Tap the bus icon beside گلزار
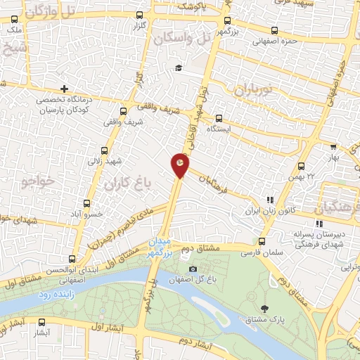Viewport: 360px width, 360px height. tap(139, 15)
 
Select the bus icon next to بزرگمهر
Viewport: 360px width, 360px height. tap(227, 20)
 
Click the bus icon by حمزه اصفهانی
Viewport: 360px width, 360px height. tap(274, 30)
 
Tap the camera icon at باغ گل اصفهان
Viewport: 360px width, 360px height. tap(193, 269)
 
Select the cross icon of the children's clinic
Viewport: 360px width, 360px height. tap(65, 89)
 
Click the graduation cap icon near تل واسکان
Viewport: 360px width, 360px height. tap(179, 67)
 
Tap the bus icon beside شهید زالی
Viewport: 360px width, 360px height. tap(104, 150)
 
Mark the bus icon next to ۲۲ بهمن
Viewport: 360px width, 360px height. tap(301, 167)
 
